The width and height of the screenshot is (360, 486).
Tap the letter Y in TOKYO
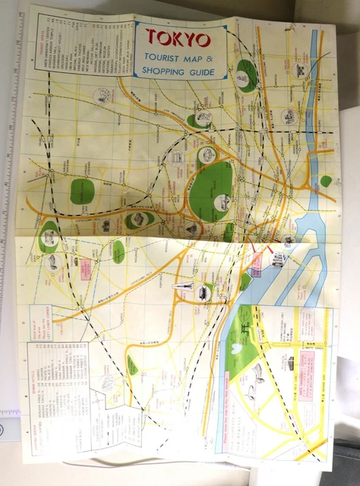point(192,38)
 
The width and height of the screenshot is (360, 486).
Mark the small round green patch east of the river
point(325,181)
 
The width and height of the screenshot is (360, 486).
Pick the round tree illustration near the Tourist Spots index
point(101,96)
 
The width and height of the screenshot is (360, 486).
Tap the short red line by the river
point(267,251)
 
